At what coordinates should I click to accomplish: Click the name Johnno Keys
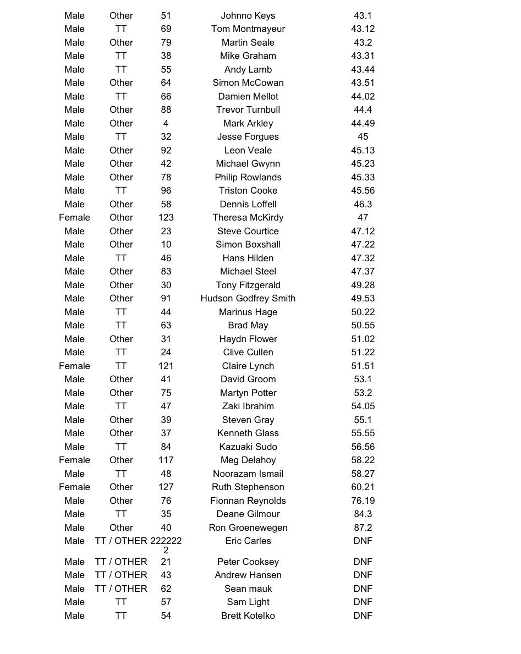point(248,15)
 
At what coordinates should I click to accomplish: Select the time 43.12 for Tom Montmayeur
point(363,29)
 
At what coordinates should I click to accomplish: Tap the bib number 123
point(166,217)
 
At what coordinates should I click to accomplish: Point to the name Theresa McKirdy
point(248,217)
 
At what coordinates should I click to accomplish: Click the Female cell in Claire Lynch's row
point(74,366)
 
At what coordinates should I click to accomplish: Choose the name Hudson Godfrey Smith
point(248,298)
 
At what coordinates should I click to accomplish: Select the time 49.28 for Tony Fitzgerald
point(363,285)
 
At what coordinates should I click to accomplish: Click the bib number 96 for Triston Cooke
point(166,190)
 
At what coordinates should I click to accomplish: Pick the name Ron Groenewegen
point(248,527)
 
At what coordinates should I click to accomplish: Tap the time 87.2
point(363,527)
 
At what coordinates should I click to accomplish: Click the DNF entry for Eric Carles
point(363,541)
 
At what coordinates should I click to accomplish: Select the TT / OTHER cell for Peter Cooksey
point(121,562)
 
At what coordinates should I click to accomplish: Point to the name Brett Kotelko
point(248,615)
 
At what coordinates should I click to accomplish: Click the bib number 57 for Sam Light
point(166,602)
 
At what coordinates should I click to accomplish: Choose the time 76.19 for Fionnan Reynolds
point(363,501)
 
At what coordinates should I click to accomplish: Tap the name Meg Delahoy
point(248,460)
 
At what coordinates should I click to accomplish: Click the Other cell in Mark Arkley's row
point(121,123)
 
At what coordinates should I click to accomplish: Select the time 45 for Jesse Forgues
point(363,136)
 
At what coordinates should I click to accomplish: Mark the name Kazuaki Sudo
point(248,447)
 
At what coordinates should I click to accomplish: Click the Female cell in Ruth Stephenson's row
point(74,487)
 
